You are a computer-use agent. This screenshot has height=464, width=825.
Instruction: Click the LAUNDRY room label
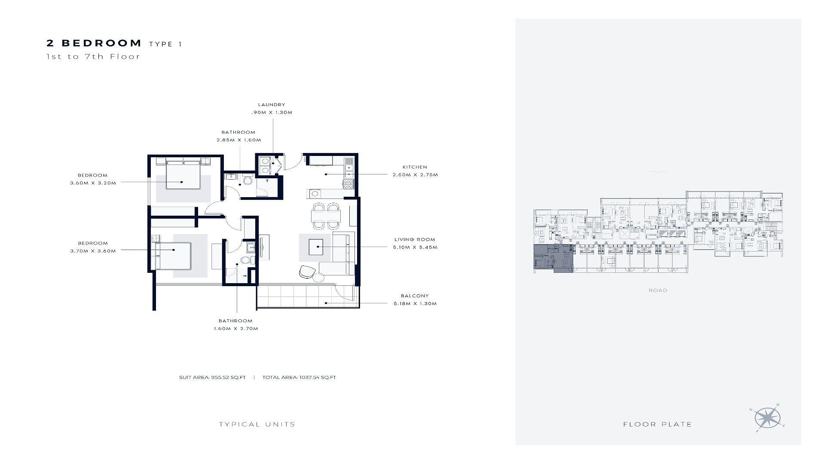[x=272, y=104]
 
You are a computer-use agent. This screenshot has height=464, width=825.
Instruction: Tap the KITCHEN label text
[x=415, y=167]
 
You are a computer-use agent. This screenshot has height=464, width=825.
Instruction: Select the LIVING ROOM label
[x=415, y=240]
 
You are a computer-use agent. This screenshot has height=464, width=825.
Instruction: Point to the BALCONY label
[x=415, y=296]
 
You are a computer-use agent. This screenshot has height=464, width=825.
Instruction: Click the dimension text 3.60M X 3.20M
[x=93, y=183]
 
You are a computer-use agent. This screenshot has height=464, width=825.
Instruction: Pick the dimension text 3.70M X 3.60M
[x=93, y=251]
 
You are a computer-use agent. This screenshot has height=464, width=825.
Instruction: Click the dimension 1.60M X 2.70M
[x=236, y=329]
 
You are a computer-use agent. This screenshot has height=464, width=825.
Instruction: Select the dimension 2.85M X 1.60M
[x=238, y=140]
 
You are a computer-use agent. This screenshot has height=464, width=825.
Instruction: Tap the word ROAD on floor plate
[x=658, y=290]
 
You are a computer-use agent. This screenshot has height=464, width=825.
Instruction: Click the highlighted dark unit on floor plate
[x=553, y=258]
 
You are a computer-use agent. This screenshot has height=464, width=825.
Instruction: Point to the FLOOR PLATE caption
[x=657, y=424]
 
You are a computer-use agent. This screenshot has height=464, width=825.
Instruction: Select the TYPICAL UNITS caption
[x=257, y=424]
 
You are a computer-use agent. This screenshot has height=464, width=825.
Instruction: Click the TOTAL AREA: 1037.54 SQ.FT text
[x=299, y=378]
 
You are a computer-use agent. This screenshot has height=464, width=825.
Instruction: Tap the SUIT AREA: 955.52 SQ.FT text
[x=212, y=378]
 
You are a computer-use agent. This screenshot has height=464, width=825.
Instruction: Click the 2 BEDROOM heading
[x=94, y=43]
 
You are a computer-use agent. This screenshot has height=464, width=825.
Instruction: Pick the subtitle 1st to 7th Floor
[x=93, y=56]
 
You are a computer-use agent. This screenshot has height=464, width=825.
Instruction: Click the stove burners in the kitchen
[x=348, y=184]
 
